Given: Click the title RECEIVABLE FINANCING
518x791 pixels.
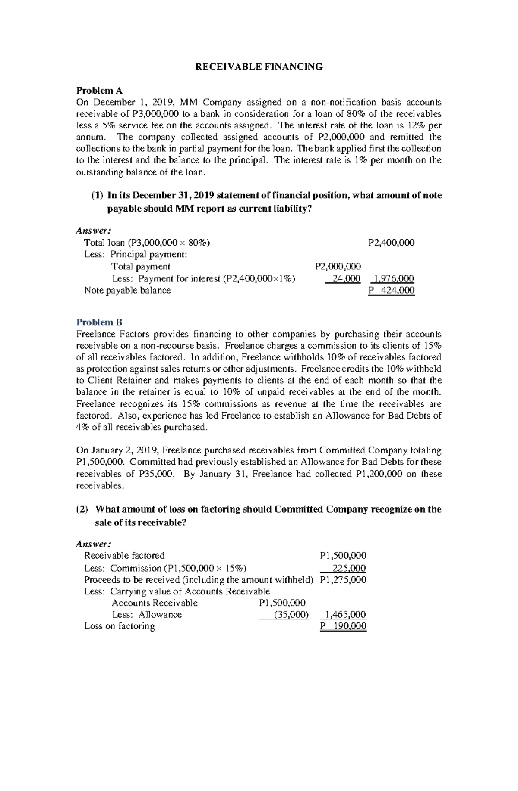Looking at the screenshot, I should point(259,67).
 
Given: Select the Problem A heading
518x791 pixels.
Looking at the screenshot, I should point(99,91).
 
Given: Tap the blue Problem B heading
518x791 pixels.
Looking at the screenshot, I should point(99,322).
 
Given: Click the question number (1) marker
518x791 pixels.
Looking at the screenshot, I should point(97,195).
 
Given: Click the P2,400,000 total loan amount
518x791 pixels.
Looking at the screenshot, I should point(391,243).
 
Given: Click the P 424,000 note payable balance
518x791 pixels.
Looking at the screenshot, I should point(391,290).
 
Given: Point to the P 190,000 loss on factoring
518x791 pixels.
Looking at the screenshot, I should point(343,626).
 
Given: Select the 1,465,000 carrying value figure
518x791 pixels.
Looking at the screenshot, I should point(345,614).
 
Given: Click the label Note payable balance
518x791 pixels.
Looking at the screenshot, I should point(127,290).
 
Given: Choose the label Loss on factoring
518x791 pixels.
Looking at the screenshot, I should point(119,626).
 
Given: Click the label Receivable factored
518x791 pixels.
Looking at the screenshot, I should point(124,556).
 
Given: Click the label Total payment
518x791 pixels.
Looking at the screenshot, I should point(141,266).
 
